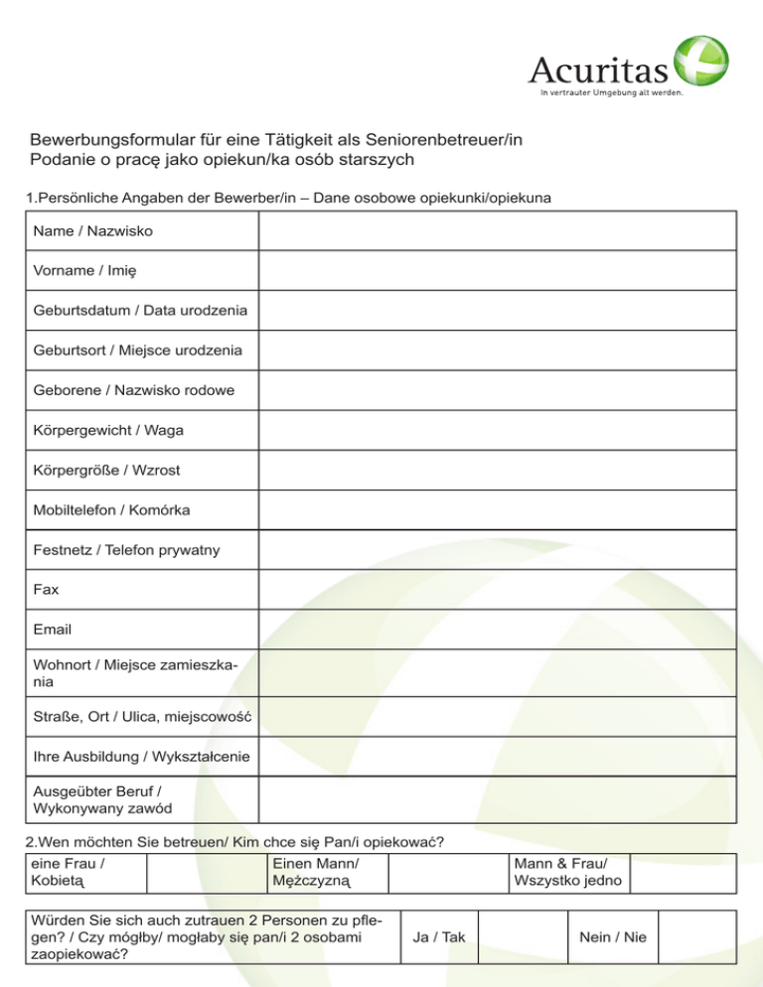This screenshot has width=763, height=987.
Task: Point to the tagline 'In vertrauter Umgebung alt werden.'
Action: point(610,95)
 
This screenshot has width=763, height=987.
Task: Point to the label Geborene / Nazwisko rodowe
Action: point(134,390)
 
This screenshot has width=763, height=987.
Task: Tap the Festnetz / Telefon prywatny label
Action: point(126,550)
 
